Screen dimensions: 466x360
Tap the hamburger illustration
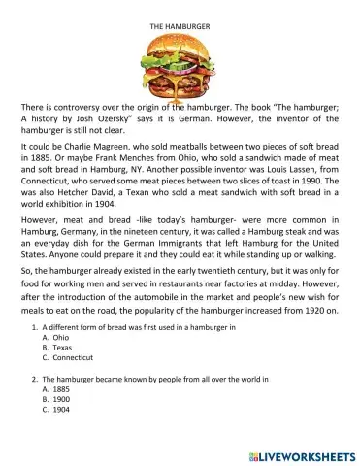180,61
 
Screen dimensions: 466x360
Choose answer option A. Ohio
55,347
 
